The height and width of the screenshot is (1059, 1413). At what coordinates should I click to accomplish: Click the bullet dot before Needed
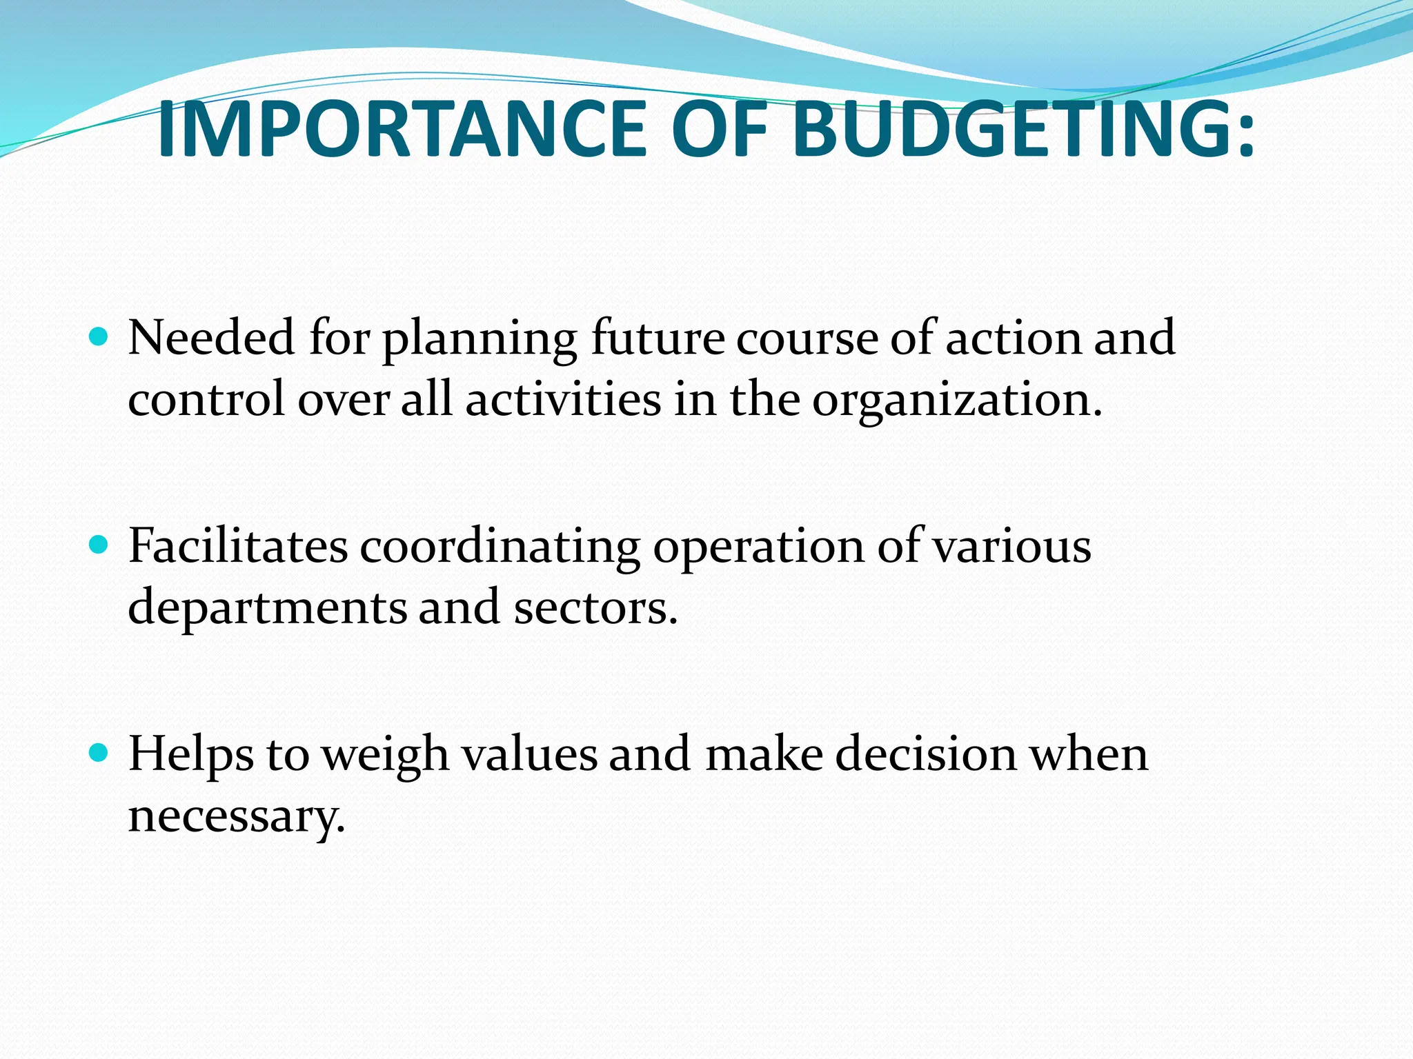click(100, 337)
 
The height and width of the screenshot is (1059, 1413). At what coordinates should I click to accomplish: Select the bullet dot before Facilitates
click(100, 545)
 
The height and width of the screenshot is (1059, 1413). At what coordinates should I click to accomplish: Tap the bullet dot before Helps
click(100, 753)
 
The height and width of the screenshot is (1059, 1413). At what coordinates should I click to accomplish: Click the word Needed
click(211, 338)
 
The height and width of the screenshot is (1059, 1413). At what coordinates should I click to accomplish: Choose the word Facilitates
click(238, 546)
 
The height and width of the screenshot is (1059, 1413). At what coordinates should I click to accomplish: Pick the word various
click(1011, 546)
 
